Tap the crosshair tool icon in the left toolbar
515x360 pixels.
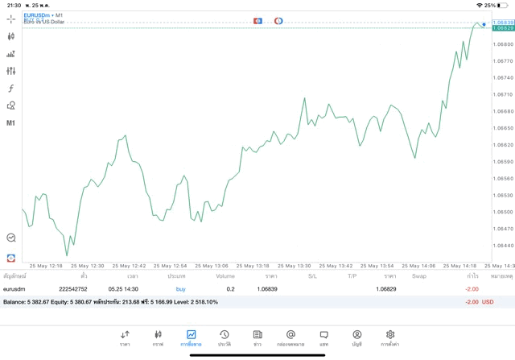[x=11, y=19]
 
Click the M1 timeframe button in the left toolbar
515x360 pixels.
[x=11, y=123]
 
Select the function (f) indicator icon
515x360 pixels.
[x=11, y=89]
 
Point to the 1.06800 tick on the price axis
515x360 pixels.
[x=503, y=44]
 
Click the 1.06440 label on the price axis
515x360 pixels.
[x=503, y=246]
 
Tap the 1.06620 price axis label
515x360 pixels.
[x=503, y=145]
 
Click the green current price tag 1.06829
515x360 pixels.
[x=503, y=28]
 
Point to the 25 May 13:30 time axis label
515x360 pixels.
[x=293, y=266]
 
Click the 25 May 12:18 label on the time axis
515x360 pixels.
[x=45, y=266]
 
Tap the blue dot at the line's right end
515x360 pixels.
[x=484, y=24]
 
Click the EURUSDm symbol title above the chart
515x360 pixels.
[x=36, y=14]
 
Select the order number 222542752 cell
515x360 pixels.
[x=73, y=288]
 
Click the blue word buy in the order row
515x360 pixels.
[x=180, y=288]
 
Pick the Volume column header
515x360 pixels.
[x=225, y=276]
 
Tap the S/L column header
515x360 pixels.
[x=312, y=276]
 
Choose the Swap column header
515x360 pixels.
[x=419, y=276]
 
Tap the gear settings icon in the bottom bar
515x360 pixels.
[x=390, y=335]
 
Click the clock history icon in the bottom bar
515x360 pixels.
[x=224, y=335]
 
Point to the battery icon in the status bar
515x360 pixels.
[x=503, y=5]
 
